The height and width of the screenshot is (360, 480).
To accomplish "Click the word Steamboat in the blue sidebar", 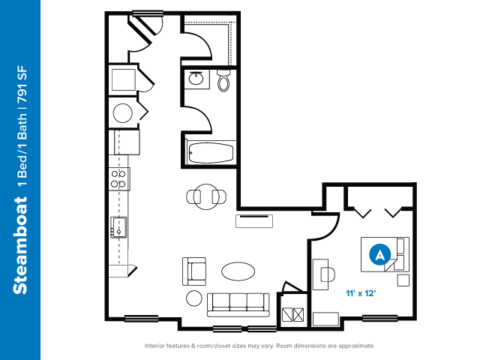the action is [x=20, y=245].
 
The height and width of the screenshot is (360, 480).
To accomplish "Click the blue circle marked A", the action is [x=380, y=254].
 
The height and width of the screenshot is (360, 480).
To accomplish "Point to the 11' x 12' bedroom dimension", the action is [x=361, y=293].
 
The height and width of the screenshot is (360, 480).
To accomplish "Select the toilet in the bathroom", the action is [x=223, y=80].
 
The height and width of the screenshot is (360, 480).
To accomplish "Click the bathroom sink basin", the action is [x=196, y=79].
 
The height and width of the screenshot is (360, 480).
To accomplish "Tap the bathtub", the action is [x=211, y=152].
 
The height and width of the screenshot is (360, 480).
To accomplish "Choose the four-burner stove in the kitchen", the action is [x=118, y=178].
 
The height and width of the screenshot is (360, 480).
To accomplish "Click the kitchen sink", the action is [x=119, y=227].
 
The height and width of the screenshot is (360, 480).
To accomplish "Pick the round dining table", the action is [x=206, y=196].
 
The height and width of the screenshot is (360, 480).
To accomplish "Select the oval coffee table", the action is [x=238, y=271].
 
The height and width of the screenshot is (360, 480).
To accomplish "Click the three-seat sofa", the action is [x=238, y=305].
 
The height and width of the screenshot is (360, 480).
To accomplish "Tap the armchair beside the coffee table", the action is [x=194, y=271].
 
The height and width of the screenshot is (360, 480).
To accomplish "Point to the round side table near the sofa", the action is [x=194, y=298].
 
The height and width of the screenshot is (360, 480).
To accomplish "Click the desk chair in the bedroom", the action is [x=328, y=274].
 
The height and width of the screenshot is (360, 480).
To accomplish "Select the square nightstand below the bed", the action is [x=403, y=280].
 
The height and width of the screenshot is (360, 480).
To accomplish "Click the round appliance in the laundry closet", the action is [x=123, y=113].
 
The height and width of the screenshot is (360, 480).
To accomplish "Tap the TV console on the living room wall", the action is [x=254, y=221].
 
